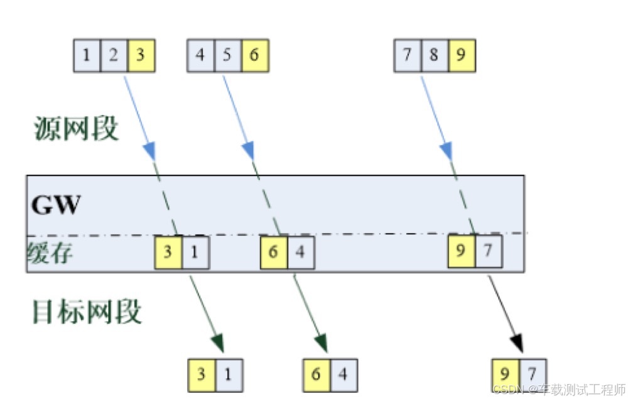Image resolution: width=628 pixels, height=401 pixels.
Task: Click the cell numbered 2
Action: (x=114, y=55)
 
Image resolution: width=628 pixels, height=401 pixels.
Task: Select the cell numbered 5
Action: (x=227, y=55)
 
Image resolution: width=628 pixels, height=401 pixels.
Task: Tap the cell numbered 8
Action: (x=435, y=55)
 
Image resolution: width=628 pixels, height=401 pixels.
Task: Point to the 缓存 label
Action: (x=50, y=253)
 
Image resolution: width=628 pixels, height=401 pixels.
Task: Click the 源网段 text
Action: (x=75, y=129)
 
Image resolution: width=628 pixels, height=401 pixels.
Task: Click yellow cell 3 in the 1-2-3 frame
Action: (x=141, y=55)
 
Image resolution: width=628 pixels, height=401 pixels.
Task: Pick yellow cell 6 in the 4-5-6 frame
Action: (x=254, y=55)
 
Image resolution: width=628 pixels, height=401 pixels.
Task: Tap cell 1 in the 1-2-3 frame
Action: (x=87, y=55)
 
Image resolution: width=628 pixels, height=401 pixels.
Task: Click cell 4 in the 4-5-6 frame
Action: (x=200, y=55)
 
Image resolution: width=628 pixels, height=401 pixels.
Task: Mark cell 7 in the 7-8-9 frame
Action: (x=408, y=55)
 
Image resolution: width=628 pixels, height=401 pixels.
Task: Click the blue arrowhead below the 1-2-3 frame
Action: (x=151, y=151)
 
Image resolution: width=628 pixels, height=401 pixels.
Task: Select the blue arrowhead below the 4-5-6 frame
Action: (x=249, y=150)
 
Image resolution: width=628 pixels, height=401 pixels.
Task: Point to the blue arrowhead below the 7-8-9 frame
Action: (x=447, y=151)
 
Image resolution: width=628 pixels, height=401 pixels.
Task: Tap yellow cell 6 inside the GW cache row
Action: (x=274, y=253)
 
